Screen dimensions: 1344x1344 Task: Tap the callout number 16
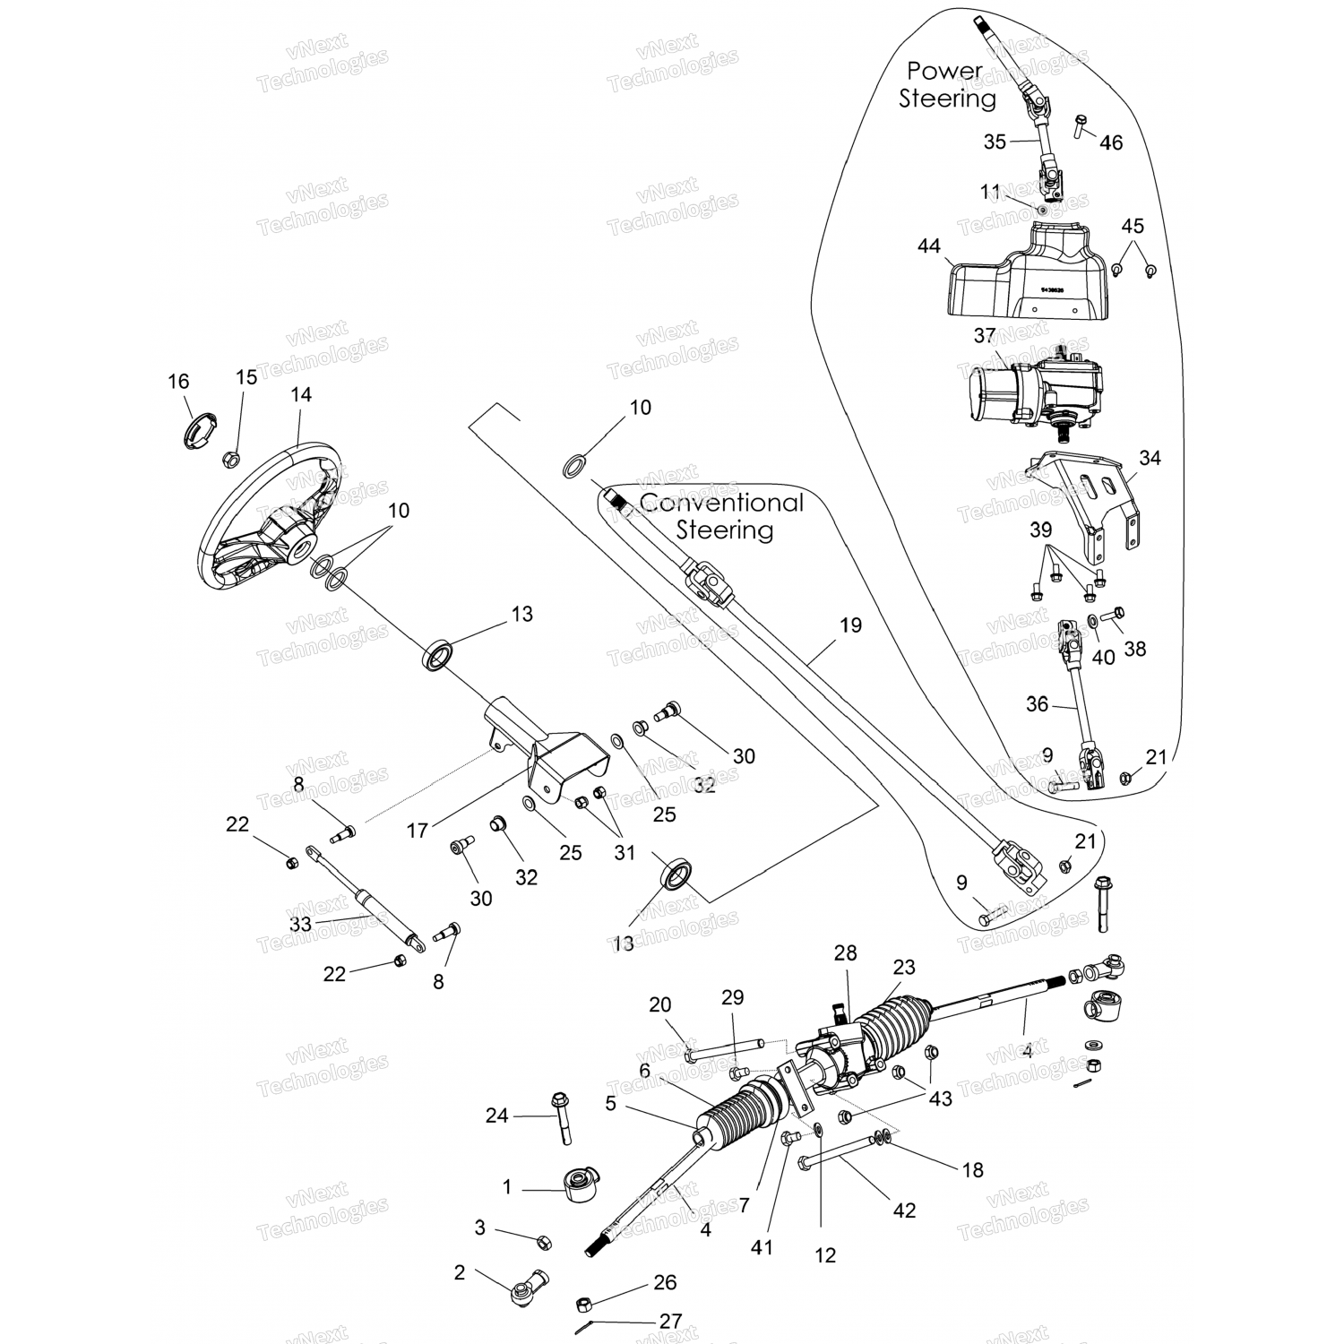(x=178, y=382)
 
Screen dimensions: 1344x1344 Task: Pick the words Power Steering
(x=947, y=84)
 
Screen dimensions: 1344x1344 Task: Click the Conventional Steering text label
(x=724, y=516)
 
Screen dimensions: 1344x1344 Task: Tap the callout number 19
(x=850, y=625)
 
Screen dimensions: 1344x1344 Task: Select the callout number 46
(x=1111, y=142)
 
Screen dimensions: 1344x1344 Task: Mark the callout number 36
(x=1037, y=704)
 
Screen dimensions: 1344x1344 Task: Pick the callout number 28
(x=846, y=953)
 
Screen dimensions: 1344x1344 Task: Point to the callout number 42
(x=905, y=1210)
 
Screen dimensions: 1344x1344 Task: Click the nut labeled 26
(x=582, y=1300)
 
